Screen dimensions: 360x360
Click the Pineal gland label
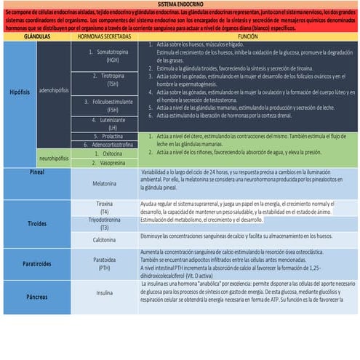pos(37,172)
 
